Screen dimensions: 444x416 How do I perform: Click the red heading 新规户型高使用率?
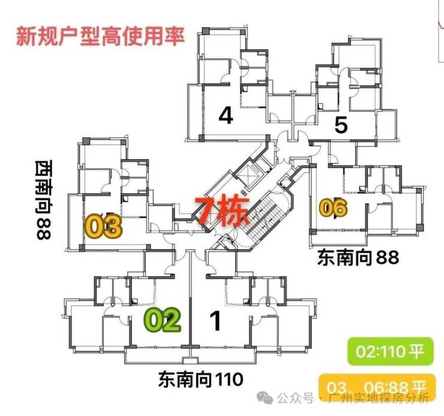pyautogui.click(x=100, y=36)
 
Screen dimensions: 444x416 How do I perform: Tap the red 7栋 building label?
pyautogui.click(x=222, y=210)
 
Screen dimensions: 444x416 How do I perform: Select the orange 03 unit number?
pyautogui.click(x=104, y=226)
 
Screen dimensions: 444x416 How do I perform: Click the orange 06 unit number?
pyautogui.click(x=333, y=208)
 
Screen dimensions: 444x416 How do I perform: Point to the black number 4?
pyautogui.click(x=226, y=115)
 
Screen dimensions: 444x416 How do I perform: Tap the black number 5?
pyautogui.click(x=341, y=125)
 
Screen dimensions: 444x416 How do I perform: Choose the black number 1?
pyautogui.click(x=216, y=321)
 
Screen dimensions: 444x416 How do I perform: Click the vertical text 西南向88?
pyautogui.click(x=44, y=200)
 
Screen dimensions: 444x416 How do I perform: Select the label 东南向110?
pyautogui.click(x=201, y=379)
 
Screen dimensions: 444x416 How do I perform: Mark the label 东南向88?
pyautogui.click(x=358, y=258)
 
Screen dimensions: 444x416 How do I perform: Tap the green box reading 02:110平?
pyautogui.click(x=391, y=351)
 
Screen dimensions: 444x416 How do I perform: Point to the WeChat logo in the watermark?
pyautogui.click(x=265, y=399)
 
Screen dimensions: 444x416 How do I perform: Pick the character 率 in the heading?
pyautogui.click(x=175, y=36)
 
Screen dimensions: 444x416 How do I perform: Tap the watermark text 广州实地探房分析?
pyautogui.click(x=379, y=399)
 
